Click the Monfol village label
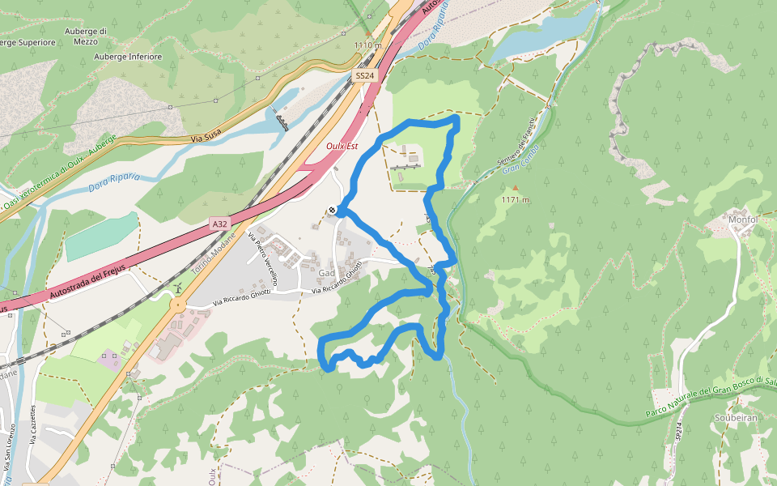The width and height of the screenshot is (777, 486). pyautogui.click(x=743, y=220)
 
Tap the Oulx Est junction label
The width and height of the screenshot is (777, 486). pyautogui.click(x=342, y=146)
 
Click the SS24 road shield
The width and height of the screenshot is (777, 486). pyautogui.click(x=366, y=75)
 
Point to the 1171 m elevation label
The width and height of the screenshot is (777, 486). pyautogui.click(x=515, y=199)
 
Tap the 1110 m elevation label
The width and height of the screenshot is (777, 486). pyautogui.click(x=367, y=45)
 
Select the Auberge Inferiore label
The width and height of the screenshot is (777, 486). pyautogui.click(x=128, y=57)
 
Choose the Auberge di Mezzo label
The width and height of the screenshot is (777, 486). pyautogui.click(x=90, y=36)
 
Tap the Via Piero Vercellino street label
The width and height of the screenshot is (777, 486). pyautogui.click(x=264, y=260)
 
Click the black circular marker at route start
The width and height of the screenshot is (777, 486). pyautogui.click(x=332, y=211)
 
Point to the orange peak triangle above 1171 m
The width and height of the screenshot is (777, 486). pyautogui.click(x=515, y=188)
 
